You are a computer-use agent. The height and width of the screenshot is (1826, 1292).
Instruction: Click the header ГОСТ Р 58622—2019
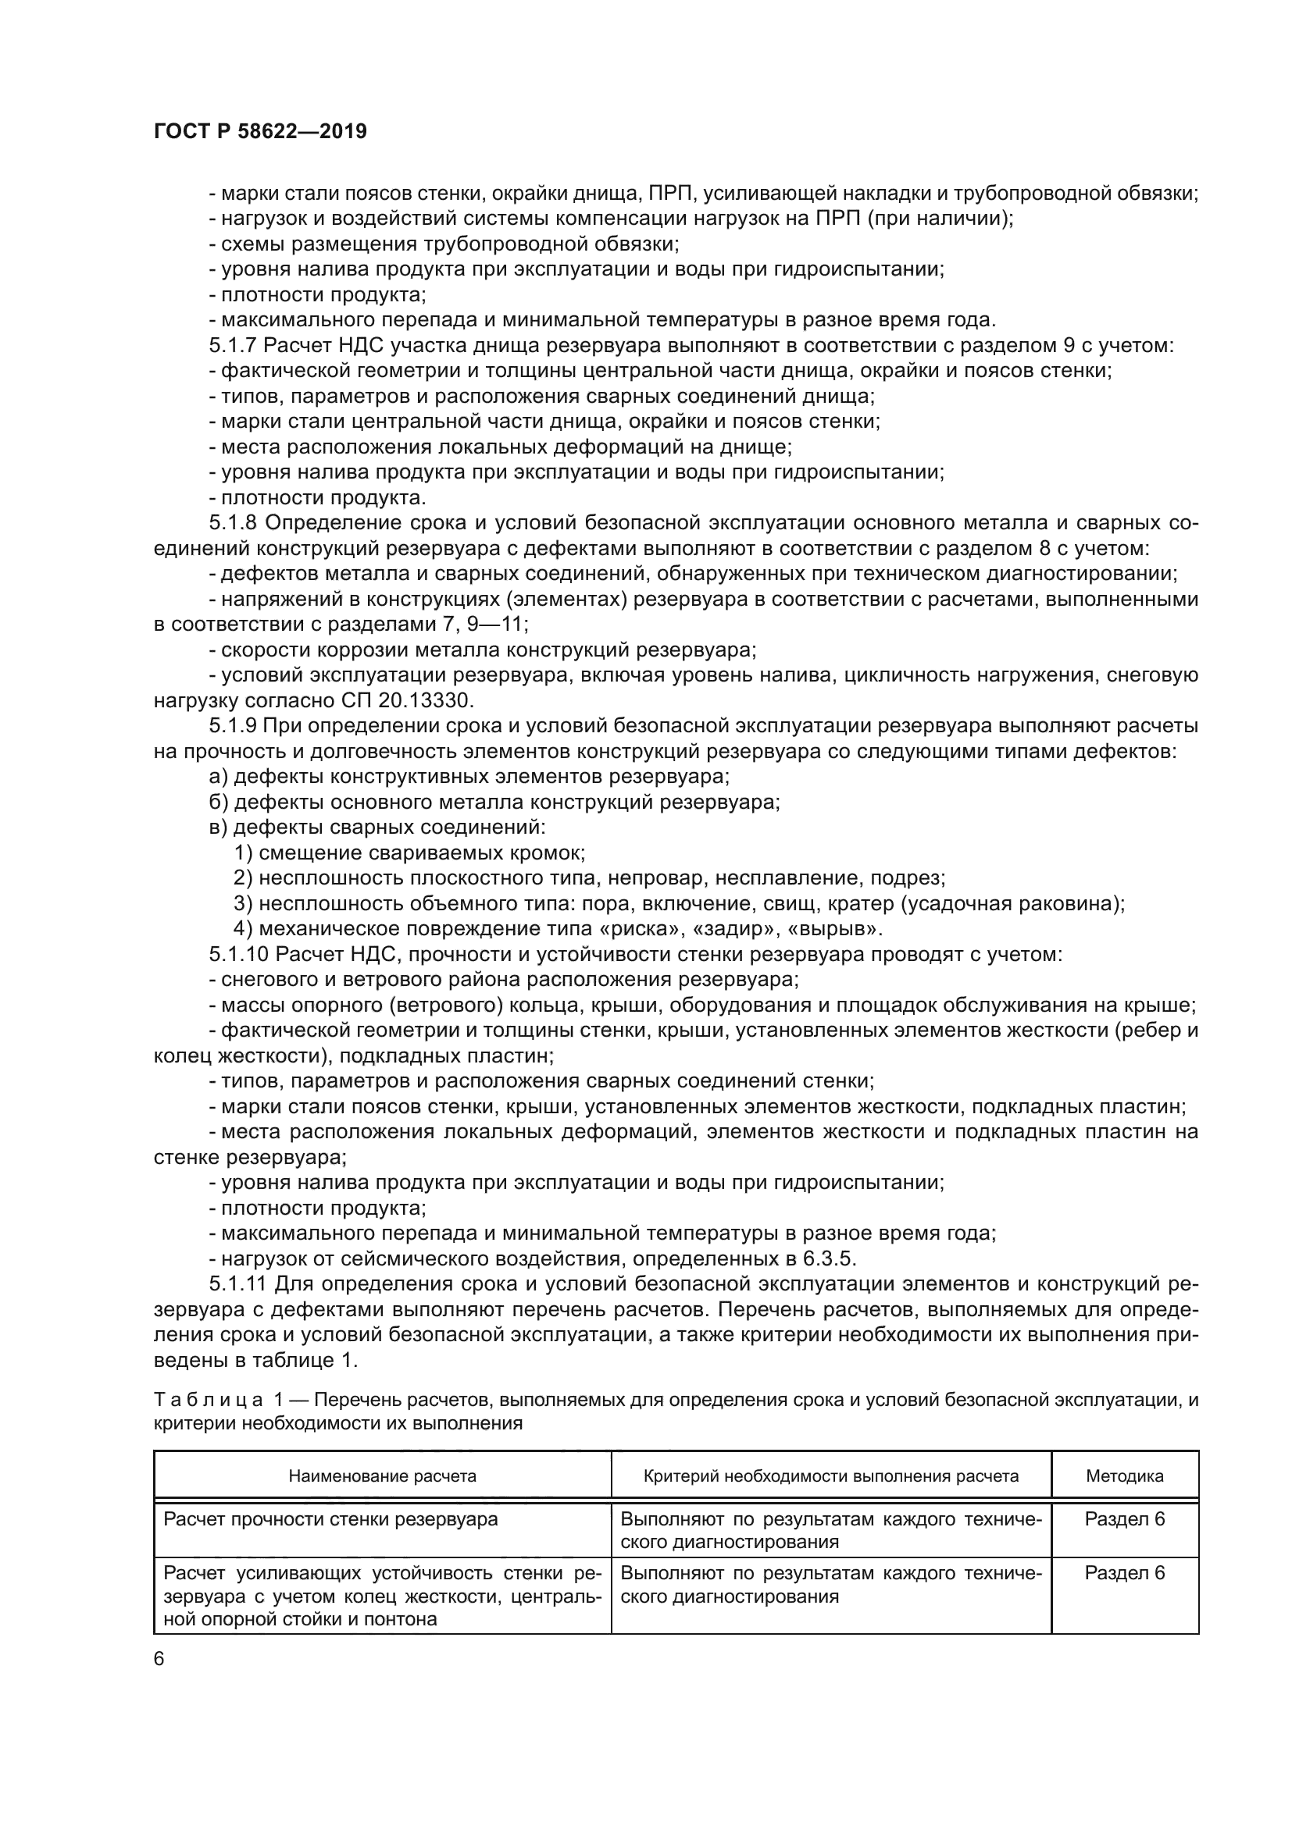(260, 131)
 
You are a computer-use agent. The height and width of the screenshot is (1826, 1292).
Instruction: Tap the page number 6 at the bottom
(159, 1659)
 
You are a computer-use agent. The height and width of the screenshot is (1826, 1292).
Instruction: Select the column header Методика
(1124, 1476)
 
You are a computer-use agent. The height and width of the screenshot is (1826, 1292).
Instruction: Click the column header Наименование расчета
(382, 1476)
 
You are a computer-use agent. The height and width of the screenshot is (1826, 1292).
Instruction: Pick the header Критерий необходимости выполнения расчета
(830, 1476)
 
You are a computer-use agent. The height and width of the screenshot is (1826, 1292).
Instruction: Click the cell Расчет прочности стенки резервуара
(330, 1519)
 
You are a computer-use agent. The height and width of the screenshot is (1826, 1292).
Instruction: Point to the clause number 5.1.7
(232, 345)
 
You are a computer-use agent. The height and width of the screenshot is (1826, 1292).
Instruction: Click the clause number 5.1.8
(232, 522)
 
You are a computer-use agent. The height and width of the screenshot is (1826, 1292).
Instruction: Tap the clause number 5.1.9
(232, 725)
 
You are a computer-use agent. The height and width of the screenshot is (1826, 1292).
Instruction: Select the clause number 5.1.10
(239, 953)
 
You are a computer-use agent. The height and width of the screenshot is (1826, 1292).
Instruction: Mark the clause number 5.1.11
(239, 1283)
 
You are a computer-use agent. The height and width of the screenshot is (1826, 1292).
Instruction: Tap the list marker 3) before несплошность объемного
(243, 903)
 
